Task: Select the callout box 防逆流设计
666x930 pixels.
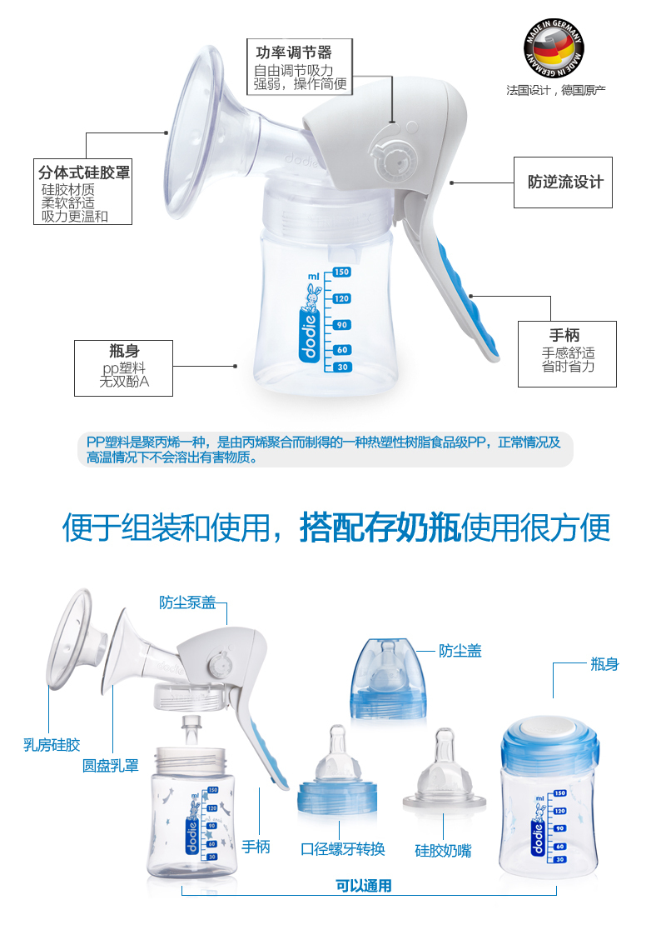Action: tap(564, 182)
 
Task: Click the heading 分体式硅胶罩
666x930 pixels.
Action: tap(84, 173)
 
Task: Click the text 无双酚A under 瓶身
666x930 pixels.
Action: tap(123, 382)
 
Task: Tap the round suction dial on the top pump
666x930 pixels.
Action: tap(390, 156)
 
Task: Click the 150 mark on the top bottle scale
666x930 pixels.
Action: tap(341, 272)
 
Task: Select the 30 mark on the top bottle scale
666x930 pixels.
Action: tap(341, 367)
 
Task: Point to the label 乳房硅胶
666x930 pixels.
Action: tap(51, 744)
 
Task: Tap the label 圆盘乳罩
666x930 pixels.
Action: tap(110, 765)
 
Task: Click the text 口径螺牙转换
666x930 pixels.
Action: tap(343, 848)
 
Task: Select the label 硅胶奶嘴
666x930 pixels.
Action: tap(443, 850)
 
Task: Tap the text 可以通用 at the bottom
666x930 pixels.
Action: tap(364, 885)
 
